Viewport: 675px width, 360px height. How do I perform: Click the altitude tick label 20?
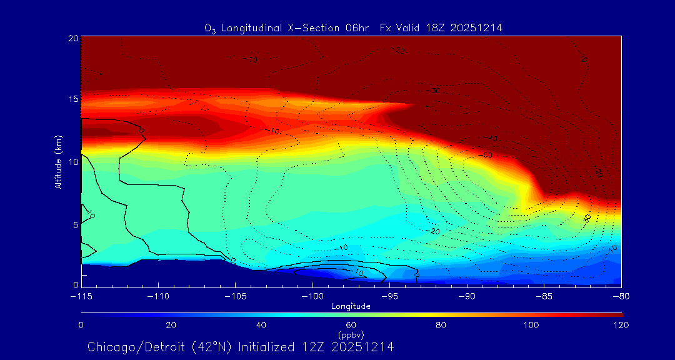click(x=72, y=38)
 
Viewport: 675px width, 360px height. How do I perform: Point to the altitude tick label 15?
click(x=72, y=99)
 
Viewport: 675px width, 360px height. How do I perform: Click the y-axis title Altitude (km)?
click(x=57, y=164)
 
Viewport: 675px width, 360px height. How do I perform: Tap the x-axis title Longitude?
click(x=351, y=306)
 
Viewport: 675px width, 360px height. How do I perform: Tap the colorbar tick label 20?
click(x=171, y=325)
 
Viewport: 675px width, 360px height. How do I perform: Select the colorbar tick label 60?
click(x=351, y=325)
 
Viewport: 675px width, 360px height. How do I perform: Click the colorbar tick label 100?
click(x=531, y=325)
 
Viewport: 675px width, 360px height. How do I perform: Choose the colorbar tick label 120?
click(x=621, y=325)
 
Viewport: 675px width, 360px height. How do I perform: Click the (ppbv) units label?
click(x=351, y=334)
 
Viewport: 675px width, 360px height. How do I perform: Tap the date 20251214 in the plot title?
click(x=477, y=27)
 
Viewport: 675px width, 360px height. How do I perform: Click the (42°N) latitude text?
click(x=206, y=347)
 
